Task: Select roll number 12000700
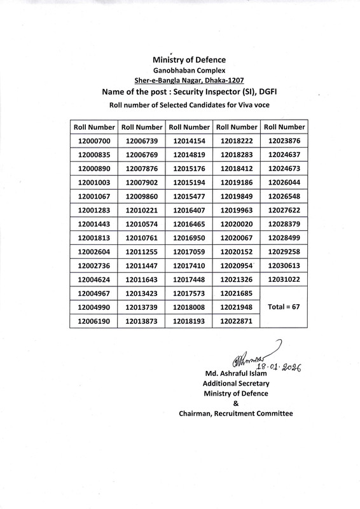94,141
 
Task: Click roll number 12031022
284,279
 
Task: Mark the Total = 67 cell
284,307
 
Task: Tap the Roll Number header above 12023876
284,127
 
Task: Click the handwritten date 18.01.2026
277,367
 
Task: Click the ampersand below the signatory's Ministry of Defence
235,403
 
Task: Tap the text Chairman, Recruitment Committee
235,414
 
